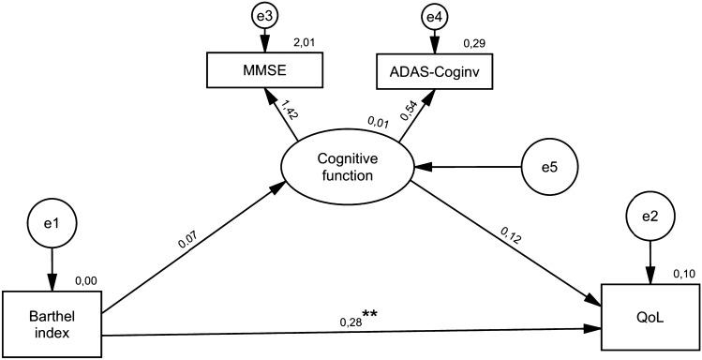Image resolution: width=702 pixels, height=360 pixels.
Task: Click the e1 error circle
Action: [x=52, y=225]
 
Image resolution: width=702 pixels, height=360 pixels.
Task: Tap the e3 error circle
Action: [x=263, y=16]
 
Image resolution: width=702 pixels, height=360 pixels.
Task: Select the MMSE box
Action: [x=263, y=69]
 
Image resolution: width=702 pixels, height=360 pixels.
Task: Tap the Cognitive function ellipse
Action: [x=347, y=168]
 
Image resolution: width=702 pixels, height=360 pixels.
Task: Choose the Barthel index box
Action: [x=52, y=320]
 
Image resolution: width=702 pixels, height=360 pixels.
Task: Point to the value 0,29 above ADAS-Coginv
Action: [x=472, y=42]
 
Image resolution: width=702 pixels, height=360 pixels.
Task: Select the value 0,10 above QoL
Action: [x=686, y=273]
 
